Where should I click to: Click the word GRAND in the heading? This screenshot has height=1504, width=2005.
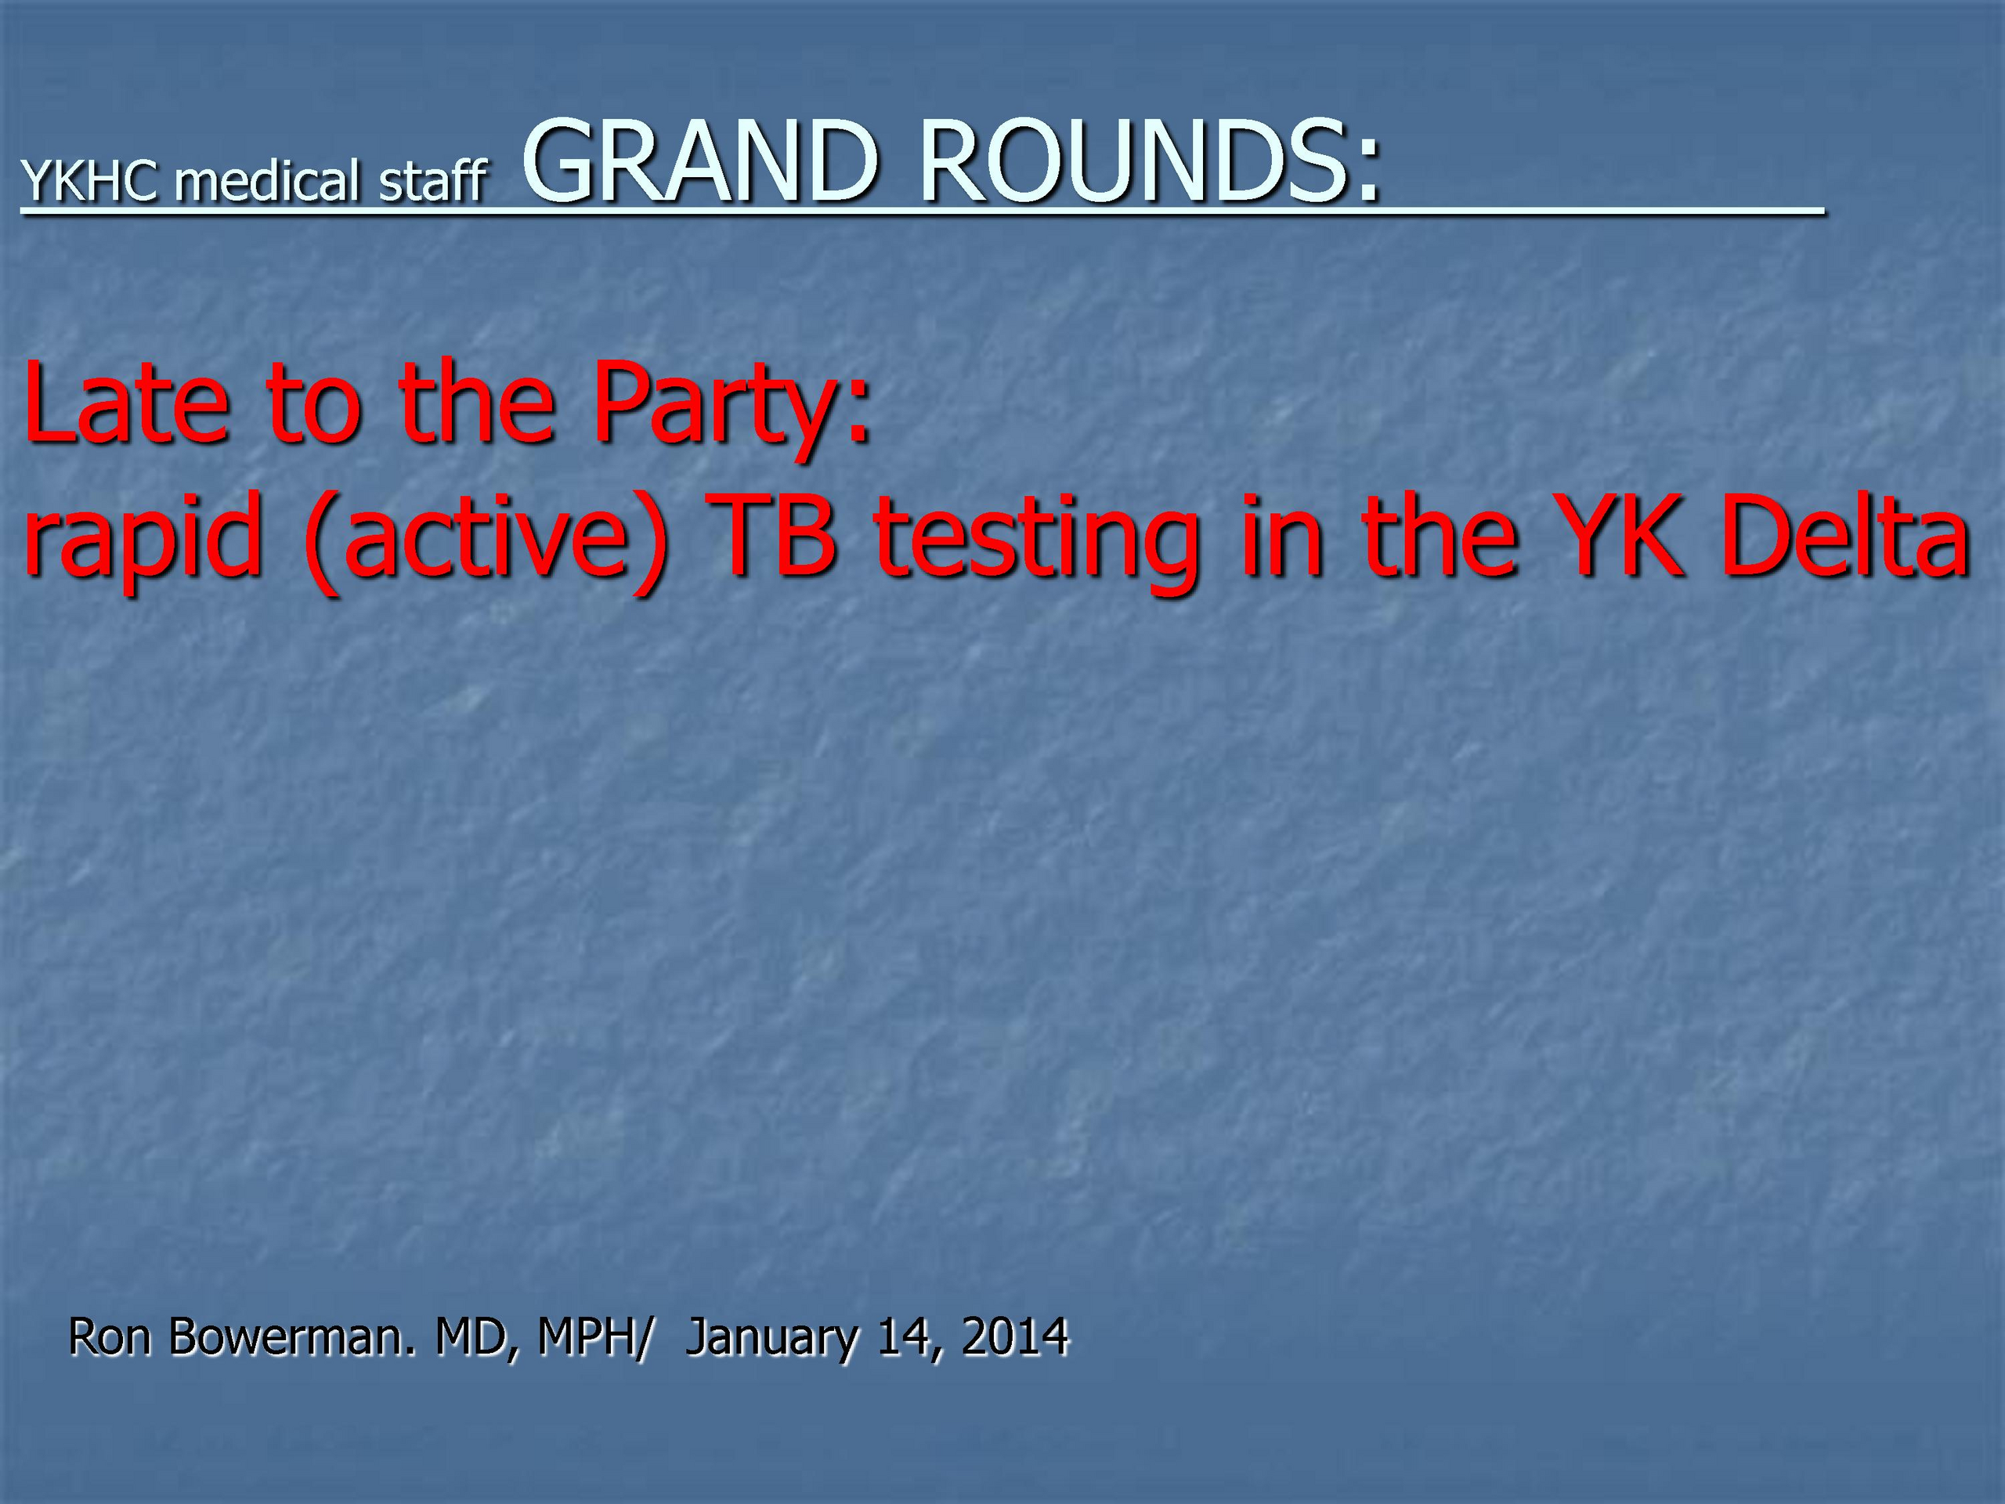pos(699,161)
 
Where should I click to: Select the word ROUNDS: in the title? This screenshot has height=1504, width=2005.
pos(1149,161)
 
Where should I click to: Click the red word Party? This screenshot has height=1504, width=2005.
pos(732,409)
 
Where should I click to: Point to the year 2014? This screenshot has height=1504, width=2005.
pos(1015,1337)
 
